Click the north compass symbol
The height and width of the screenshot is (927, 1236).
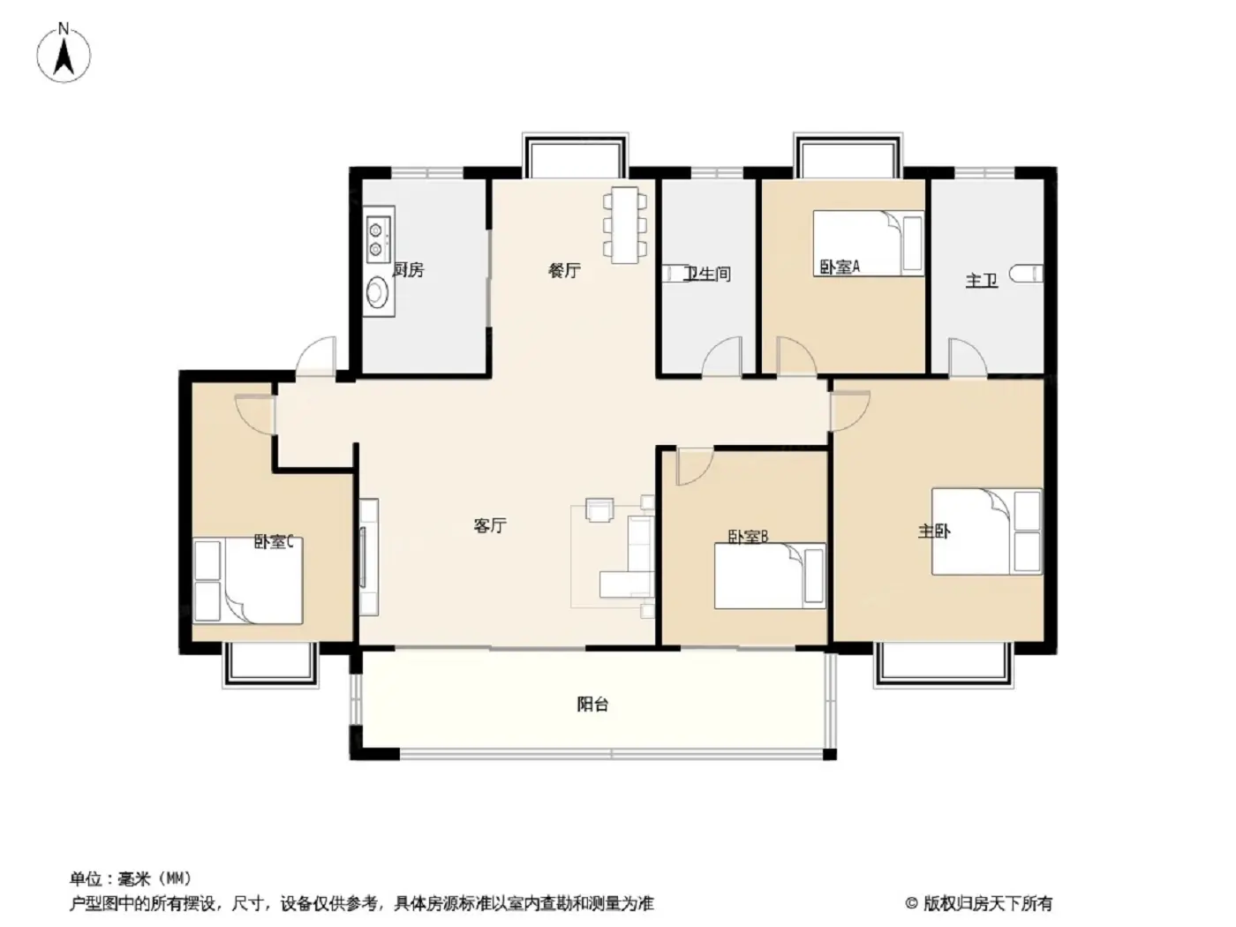coord(63,54)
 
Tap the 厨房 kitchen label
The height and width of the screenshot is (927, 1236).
coord(408,270)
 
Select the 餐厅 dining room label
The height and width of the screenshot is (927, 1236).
coord(563,271)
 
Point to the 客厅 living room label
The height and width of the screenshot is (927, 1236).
coord(490,525)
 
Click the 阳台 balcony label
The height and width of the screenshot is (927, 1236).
coord(592,705)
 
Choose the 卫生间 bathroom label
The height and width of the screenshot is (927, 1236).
coord(706,274)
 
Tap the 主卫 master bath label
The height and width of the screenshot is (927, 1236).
coord(982,280)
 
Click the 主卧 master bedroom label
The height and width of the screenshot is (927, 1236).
coord(934,531)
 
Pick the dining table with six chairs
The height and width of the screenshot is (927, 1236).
coord(624,224)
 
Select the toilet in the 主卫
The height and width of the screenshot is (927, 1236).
coord(1025,274)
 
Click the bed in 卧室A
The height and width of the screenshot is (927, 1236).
coord(869,243)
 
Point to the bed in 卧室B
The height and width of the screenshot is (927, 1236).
coord(770,576)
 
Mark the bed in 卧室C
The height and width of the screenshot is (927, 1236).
coord(248,580)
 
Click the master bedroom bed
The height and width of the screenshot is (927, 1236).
coord(986,531)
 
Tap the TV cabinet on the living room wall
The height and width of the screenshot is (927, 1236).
coord(369,557)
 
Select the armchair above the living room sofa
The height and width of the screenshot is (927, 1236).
coord(599,509)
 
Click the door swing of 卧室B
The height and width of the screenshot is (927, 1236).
coord(694,466)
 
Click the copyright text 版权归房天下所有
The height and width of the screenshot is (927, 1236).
coord(987,904)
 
